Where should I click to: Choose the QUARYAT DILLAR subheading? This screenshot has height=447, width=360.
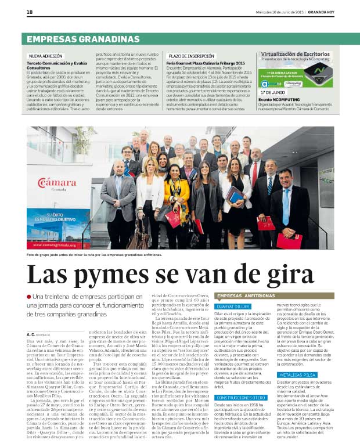point(232,306)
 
